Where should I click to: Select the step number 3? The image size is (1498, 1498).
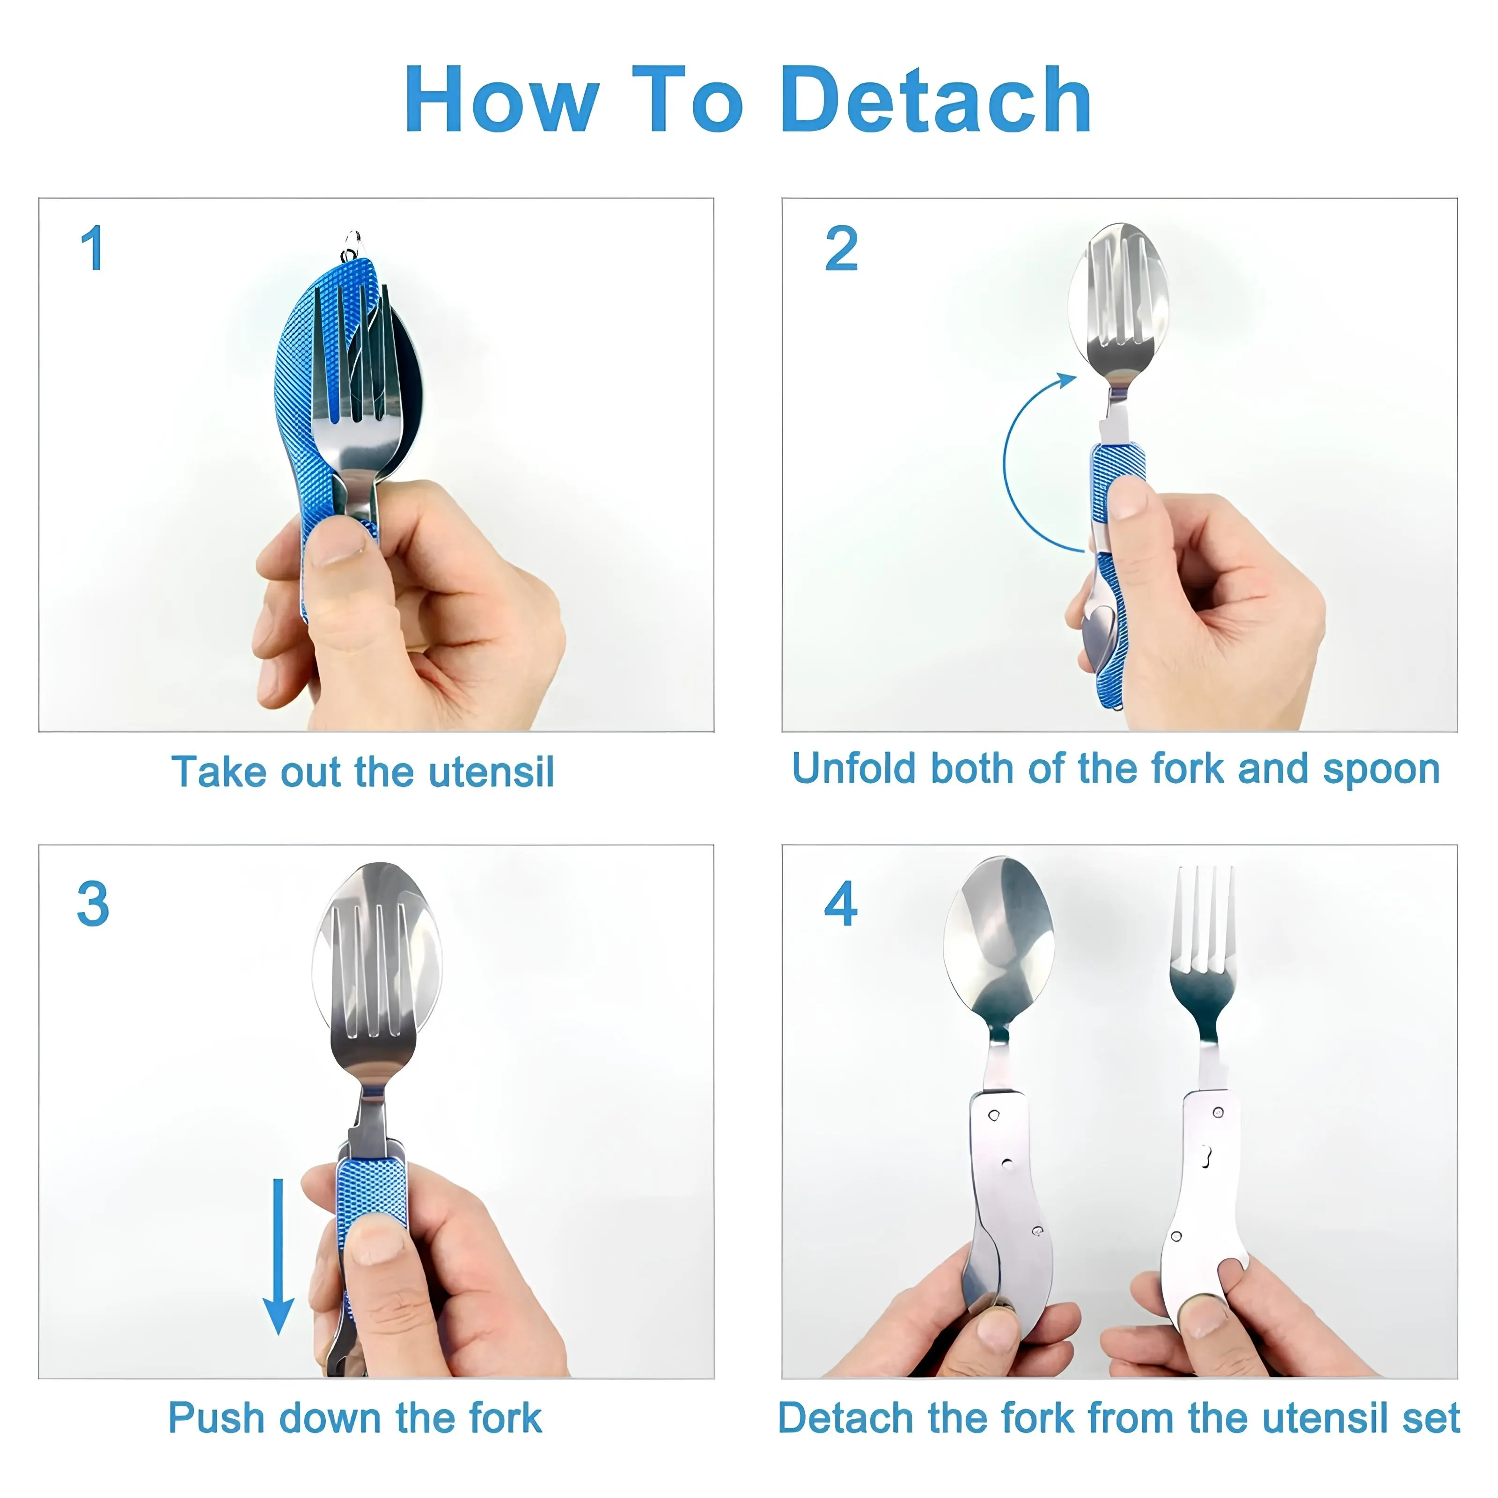click(93, 903)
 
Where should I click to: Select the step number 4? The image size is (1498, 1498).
click(841, 903)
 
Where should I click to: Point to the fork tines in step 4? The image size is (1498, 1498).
click(1204, 919)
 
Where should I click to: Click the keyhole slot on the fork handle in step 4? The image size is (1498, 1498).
click(1206, 1156)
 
